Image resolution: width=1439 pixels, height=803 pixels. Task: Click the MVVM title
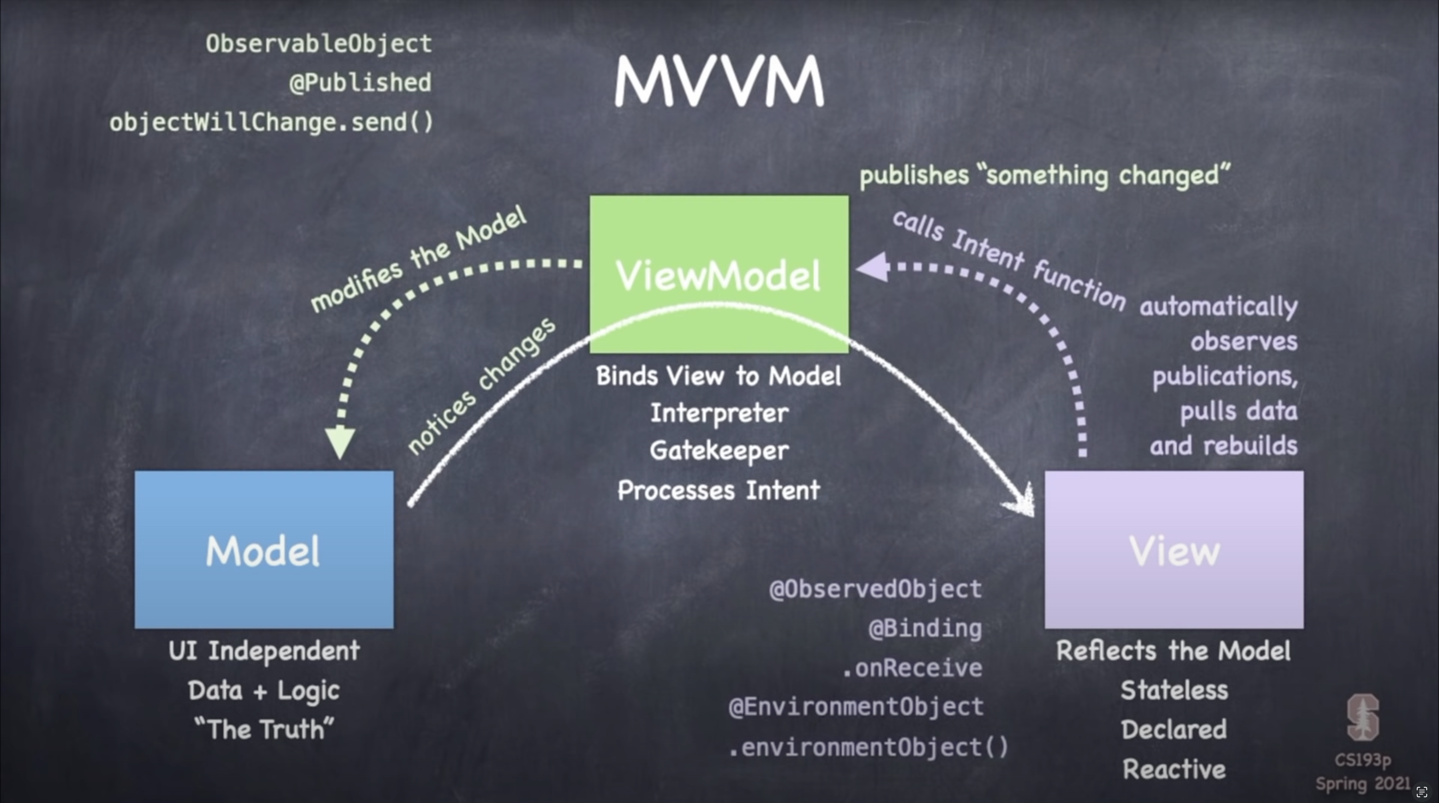[x=719, y=81]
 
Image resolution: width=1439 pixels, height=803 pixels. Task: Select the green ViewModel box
[x=719, y=274]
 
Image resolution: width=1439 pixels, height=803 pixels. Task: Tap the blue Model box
[x=264, y=550]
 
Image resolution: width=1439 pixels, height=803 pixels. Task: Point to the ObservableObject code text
[x=319, y=44]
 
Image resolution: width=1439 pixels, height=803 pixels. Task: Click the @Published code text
[x=360, y=83]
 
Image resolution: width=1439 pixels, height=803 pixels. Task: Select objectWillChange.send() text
[x=271, y=122]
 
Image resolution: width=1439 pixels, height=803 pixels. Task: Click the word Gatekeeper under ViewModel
[x=719, y=450]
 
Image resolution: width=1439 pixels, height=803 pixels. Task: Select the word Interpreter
[x=719, y=413]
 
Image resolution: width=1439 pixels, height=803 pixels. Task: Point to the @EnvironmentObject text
[x=856, y=707]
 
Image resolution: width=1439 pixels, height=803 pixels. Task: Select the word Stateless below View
[x=1174, y=690]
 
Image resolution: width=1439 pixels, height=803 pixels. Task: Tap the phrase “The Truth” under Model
[x=264, y=729]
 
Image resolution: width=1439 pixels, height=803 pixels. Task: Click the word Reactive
[x=1174, y=769]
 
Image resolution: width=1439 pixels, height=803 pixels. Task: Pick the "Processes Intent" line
[x=719, y=490]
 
